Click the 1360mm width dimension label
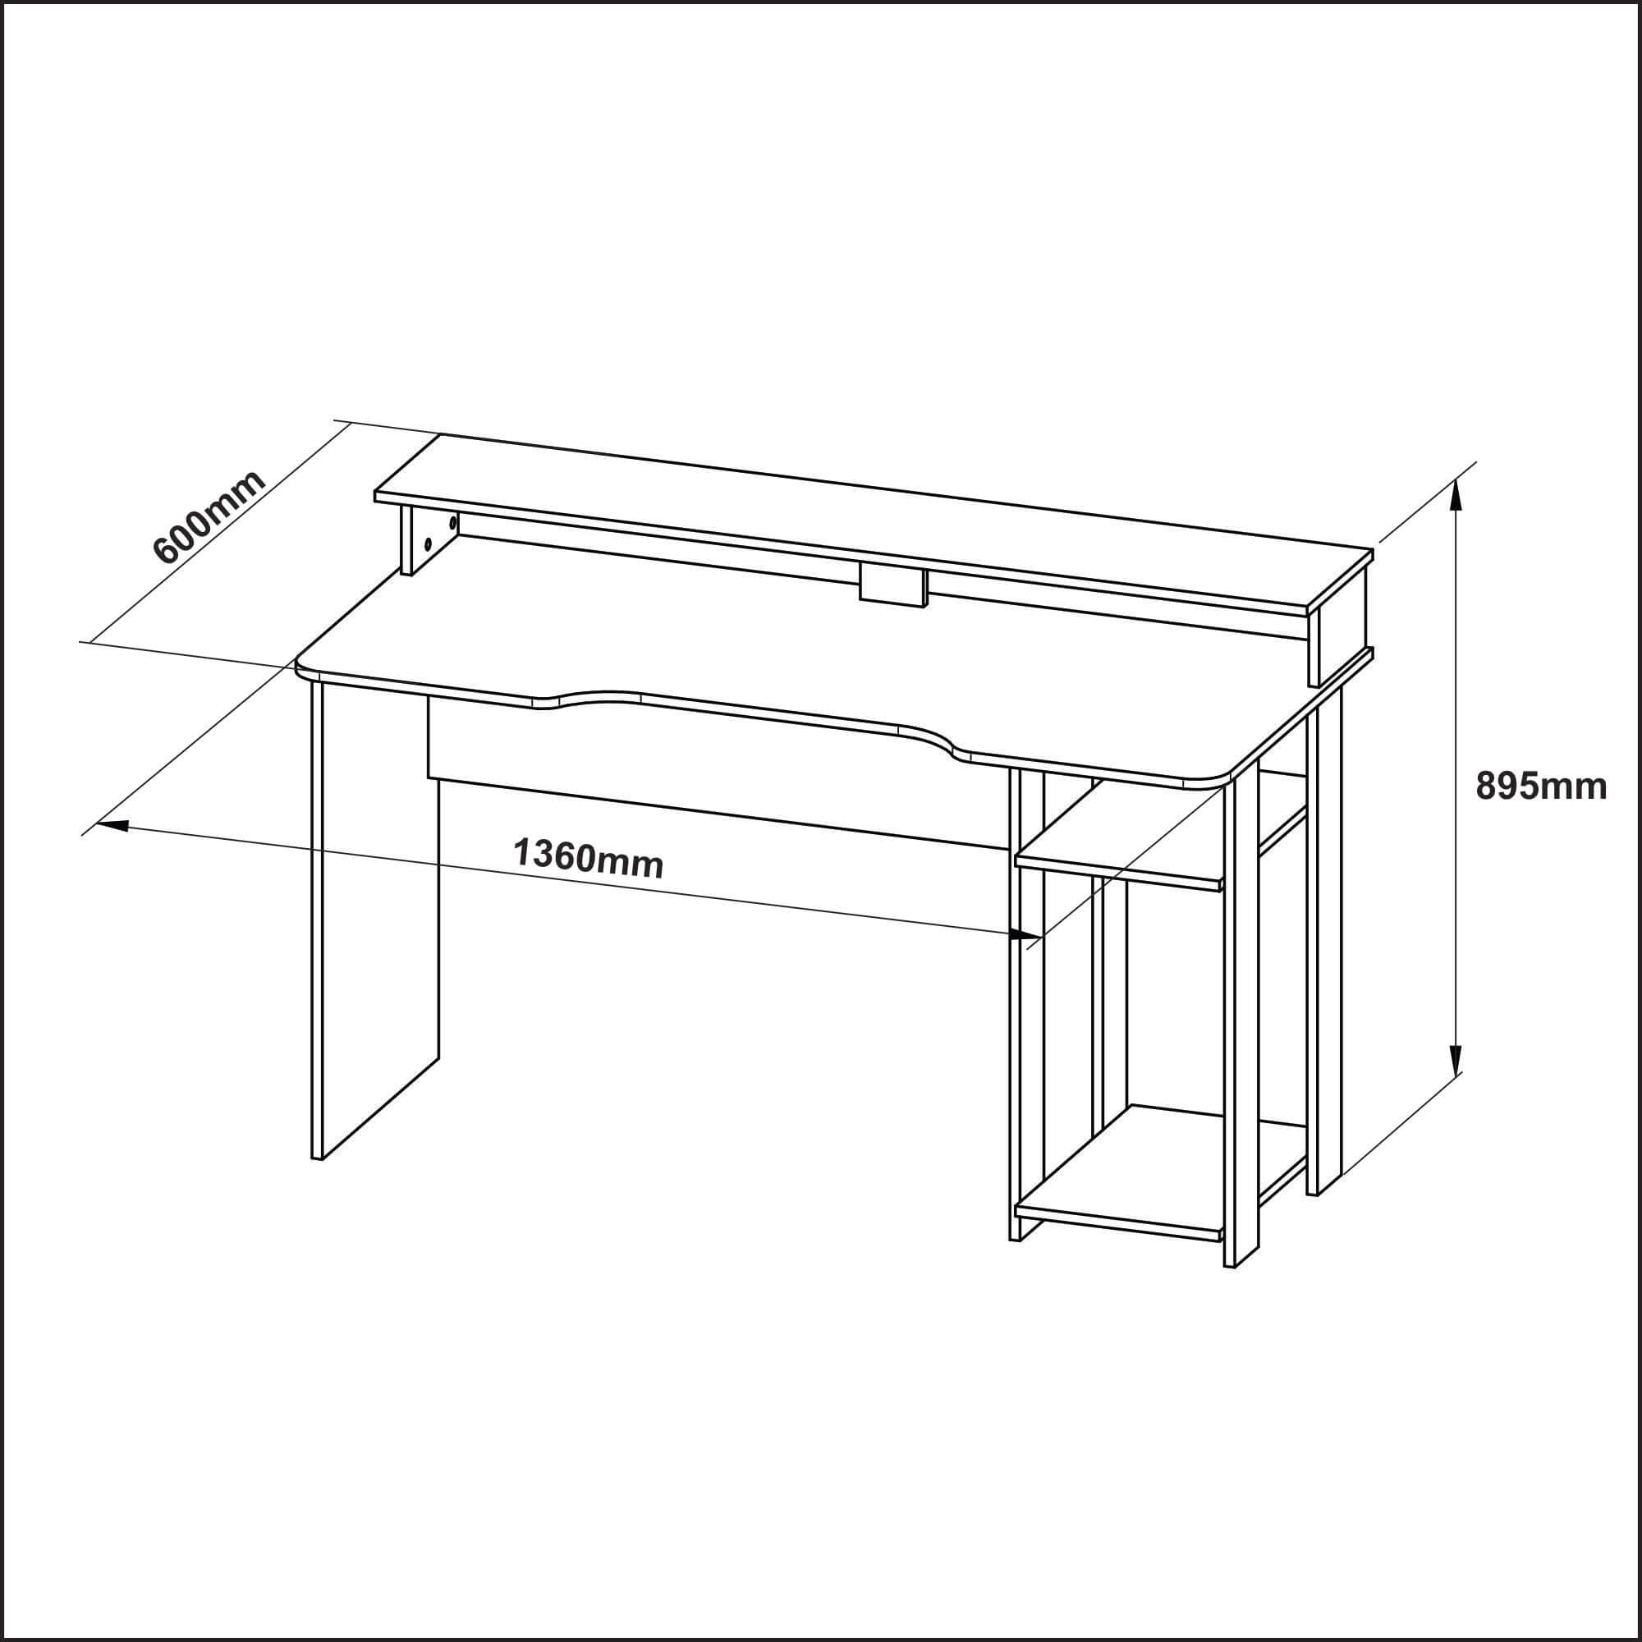[x=588, y=858]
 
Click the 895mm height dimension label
[x=1541, y=787]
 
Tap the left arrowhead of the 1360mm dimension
[x=113, y=824]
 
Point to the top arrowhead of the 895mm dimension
[x=1456, y=494]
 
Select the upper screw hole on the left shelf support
[x=453, y=523]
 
